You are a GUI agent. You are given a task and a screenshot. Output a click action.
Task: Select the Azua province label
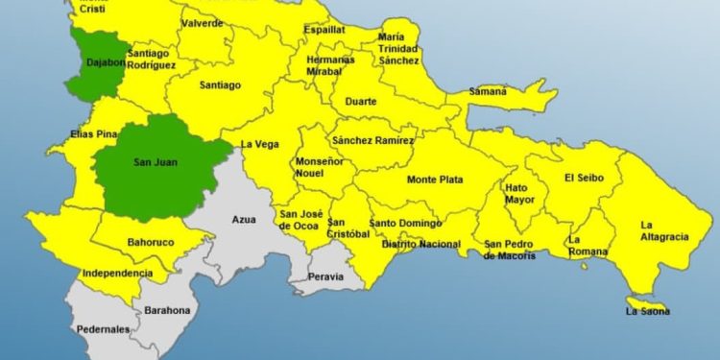[x=244, y=220]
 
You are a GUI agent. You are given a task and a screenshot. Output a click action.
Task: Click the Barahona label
[x=167, y=310]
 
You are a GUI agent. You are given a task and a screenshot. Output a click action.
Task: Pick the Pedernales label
[x=103, y=329]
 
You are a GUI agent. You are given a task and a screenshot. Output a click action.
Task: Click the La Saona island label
[x=648, y=311]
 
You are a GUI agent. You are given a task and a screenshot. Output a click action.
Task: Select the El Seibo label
[x=582, y=177]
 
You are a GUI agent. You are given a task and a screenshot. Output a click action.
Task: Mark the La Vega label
[x=259, y=144]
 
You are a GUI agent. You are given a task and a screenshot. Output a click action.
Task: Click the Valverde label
[x=203, y=22]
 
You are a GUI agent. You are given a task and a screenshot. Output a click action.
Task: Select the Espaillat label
[x=324, y=30]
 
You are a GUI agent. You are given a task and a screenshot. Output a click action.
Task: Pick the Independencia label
[x=117, y=274]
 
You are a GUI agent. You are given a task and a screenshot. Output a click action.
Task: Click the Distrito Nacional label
[x=420, y=244]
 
